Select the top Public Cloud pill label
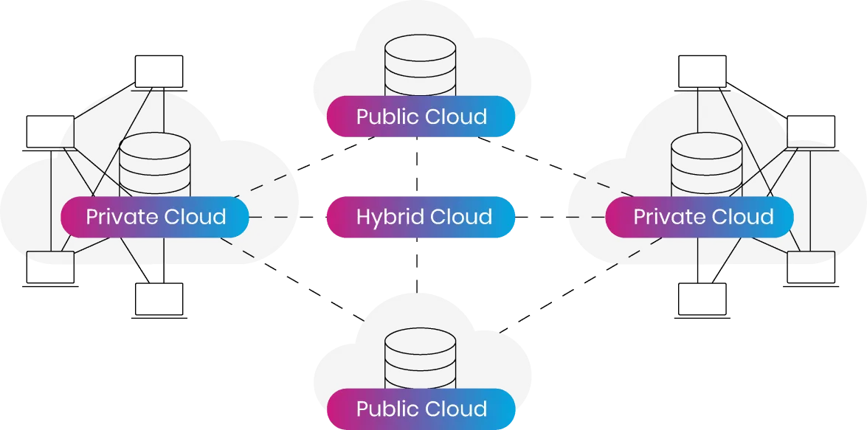tap(421, 117)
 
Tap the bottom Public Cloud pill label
tap(421, 409)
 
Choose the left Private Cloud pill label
tap(156, 217)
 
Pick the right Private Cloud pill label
tap(702, 217)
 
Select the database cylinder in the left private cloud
tap(155, 166)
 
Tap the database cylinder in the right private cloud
tap(705, 166)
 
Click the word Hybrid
tap(389, 218)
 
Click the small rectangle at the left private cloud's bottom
tap(51, 257)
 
